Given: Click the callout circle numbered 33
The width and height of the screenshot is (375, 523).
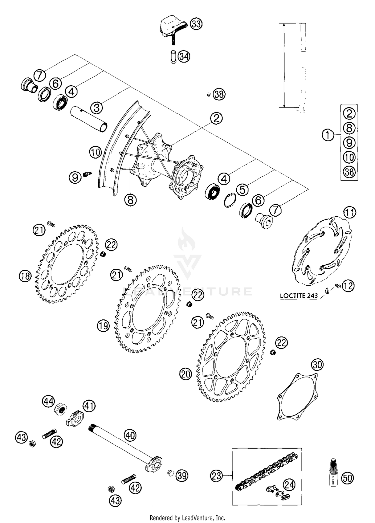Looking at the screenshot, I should [x=196, y=24].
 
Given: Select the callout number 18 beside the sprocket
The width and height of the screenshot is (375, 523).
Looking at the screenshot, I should [x=25, y=276].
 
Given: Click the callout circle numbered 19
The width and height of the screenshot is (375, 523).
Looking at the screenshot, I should [x=103, y=325].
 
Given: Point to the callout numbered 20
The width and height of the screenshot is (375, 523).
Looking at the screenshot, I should [x=185, y=374].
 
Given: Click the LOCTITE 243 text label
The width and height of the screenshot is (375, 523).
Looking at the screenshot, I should [x=299, y=295].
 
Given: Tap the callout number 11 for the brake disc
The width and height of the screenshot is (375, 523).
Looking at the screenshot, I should [x=349, y=213].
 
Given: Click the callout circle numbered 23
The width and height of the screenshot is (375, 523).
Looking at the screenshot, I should [x=216, y=475].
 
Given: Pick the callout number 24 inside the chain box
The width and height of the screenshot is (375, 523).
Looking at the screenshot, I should [x=289, y=485].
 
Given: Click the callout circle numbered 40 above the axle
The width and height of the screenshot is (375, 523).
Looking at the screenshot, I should [x=130, y=435].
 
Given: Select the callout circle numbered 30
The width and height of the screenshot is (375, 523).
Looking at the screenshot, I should [x=317, y=365].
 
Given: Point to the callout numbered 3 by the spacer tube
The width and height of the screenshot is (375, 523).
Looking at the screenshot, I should [x=97, y=108].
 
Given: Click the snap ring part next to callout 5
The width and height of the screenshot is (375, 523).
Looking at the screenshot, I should [x=229, y=200].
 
